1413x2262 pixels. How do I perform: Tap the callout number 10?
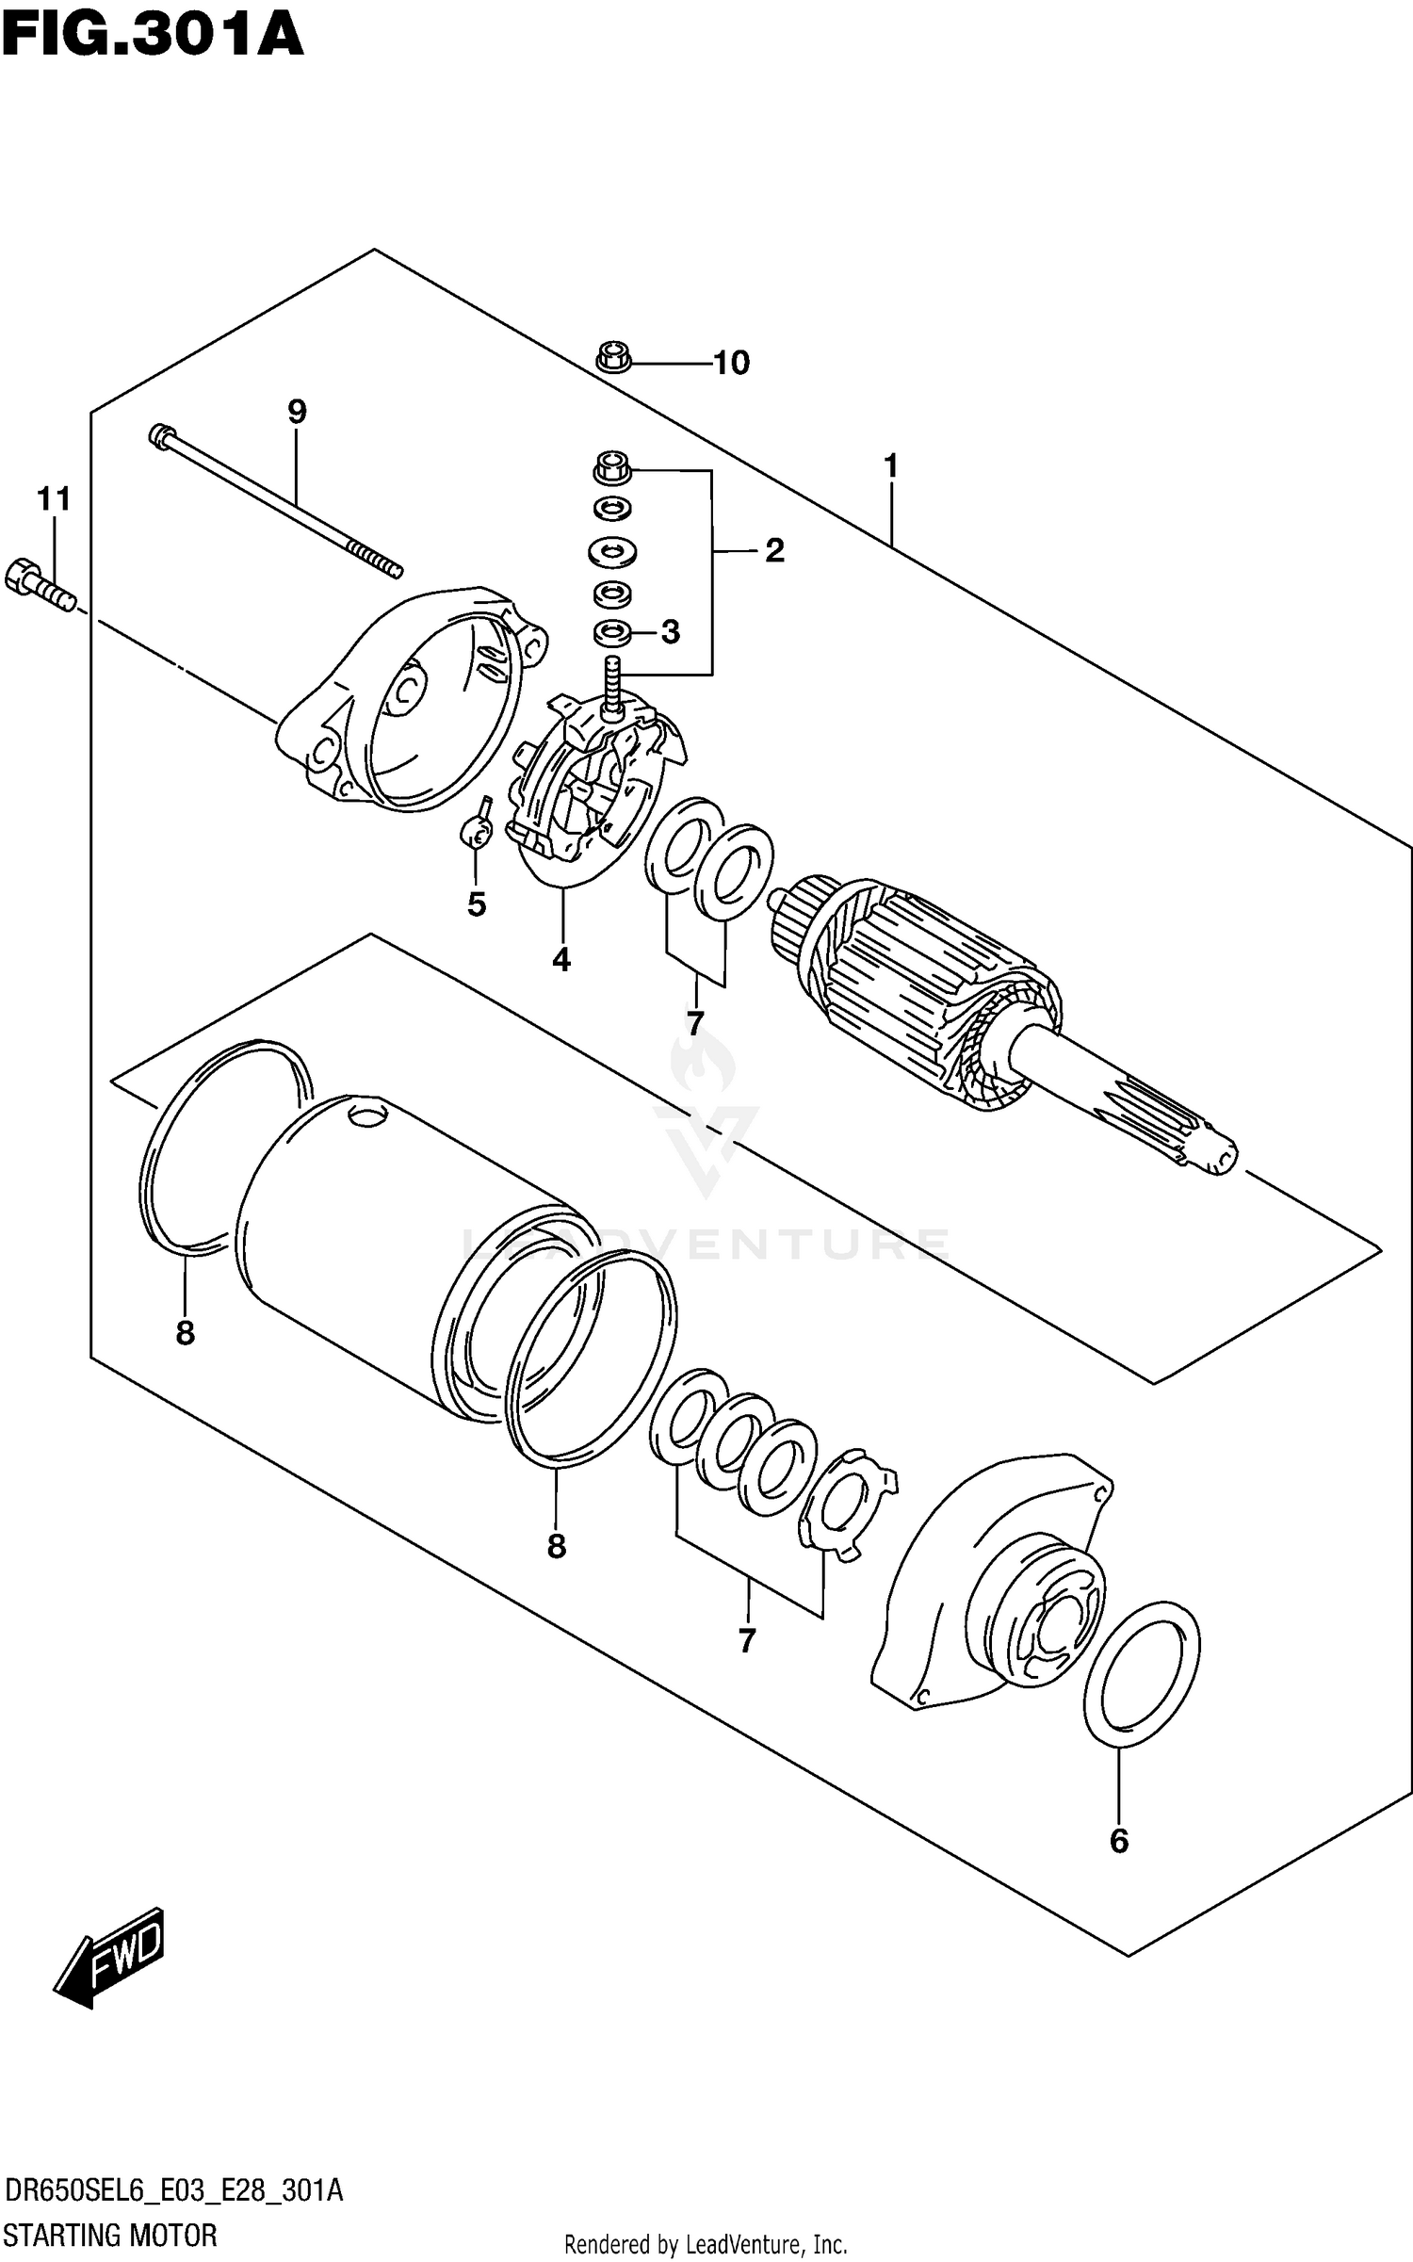[x=731, y=363]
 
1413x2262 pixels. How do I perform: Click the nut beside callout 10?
[x=613, y=358]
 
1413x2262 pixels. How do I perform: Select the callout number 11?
[x=54, y=498]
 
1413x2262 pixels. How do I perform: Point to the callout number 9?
[x=297, y=411]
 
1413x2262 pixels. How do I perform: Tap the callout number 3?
[x=670, y=632]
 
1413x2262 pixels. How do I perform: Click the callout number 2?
[x=773, y=550]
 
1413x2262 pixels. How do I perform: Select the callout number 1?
[x=890, y=466]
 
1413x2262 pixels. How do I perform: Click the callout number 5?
[x=477, y=904]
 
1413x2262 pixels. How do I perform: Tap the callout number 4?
[x=561, y=960]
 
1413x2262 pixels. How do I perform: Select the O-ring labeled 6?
[x=1141, y=1673]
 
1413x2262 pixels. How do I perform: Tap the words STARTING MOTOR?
[x=110, y=2234]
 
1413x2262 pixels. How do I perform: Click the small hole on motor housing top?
[x=367, y=1115]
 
